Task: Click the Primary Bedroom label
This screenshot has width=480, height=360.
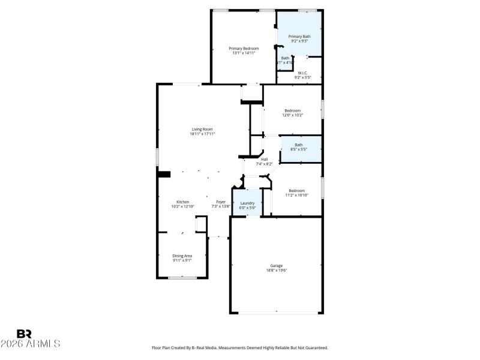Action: tap(244, 48)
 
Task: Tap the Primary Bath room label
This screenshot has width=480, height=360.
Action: tap(299, 37)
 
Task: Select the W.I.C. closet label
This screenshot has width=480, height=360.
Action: tap(302, 73)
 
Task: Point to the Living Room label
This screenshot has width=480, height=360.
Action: tap(202, 129)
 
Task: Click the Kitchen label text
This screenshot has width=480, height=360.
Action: tap(182, 202)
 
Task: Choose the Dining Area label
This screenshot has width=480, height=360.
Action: tap(183, 256)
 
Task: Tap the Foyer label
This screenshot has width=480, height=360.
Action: tap(221, 202)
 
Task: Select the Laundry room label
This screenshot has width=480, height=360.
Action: tap(247, 203)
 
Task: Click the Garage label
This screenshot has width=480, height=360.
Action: tap(276, 266)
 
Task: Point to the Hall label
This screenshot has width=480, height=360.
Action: tap(264, 159)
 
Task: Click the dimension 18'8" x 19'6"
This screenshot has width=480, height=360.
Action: tap(276, 271)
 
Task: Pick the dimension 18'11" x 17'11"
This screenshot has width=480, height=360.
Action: tap(202, 134)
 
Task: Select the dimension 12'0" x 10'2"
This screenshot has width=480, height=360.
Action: tap(292, 115)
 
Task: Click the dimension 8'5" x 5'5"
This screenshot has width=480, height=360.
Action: tap(298, 149)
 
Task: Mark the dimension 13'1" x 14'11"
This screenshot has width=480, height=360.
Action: tap(244, 53)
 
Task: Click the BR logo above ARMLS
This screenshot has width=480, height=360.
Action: tap(24, 333)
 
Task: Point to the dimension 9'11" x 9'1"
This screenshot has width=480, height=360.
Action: tap(183, 260)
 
